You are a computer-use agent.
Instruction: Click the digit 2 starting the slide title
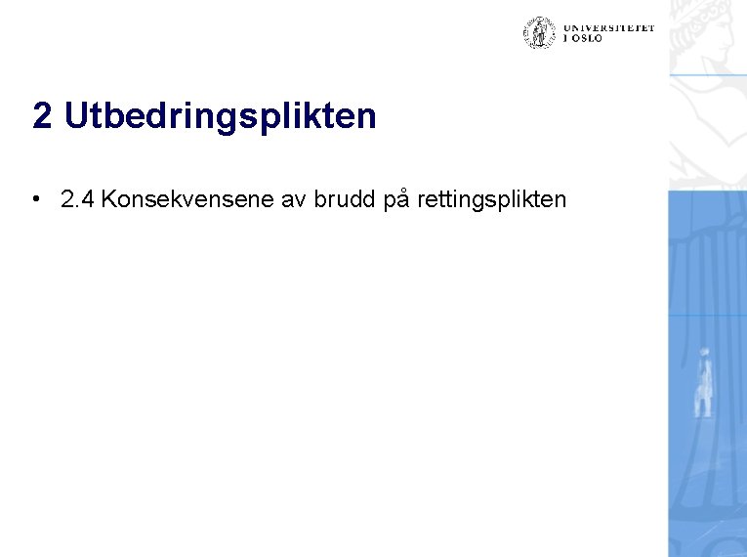tap(42, 116)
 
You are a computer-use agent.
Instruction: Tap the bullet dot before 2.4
tap(35, 200)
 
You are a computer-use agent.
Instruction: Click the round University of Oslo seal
tap(538, 33)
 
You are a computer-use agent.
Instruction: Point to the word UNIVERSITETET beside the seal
tap(607, 28)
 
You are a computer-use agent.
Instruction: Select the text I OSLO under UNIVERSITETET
tap(582, 39)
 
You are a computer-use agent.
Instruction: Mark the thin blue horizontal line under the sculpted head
tap(707, 75)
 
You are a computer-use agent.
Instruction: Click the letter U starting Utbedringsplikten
tap(75, 116)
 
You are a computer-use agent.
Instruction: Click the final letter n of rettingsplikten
tap(560, 200)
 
